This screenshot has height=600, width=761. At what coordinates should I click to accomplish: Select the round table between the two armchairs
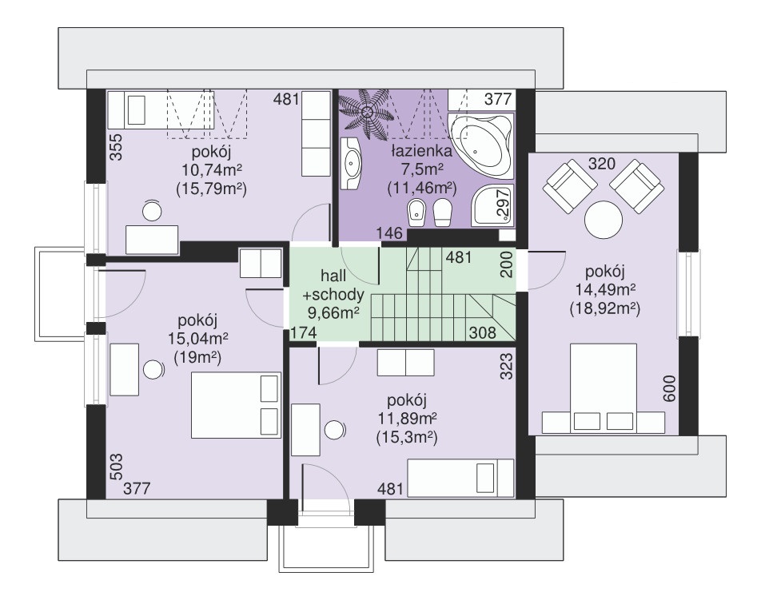point(604,219)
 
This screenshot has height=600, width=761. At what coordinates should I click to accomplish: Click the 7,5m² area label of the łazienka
point(421,169)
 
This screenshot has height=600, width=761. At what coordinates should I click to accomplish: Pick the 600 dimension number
point(669,388)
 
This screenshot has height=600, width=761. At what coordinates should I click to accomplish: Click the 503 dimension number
point(117,467)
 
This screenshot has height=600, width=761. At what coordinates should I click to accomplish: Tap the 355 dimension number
point(116,147)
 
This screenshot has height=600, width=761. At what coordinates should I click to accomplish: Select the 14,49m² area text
point(605,290)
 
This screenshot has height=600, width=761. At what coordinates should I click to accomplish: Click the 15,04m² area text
point(198,339)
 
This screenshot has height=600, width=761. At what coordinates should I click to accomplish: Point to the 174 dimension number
point(303,332)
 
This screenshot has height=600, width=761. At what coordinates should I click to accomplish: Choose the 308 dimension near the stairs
point(483,332)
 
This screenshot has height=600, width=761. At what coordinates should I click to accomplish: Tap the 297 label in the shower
point(504,202)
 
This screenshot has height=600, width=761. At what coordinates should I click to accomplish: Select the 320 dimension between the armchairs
point(602,164)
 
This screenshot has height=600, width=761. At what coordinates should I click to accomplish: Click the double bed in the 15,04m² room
point(236,405)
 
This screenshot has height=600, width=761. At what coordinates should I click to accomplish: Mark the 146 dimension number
point(390,233)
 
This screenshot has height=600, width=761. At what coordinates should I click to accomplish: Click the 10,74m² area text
point(212,170)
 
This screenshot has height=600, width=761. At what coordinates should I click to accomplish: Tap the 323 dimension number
point(506,366)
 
